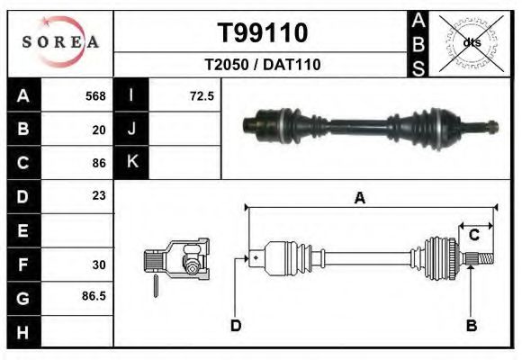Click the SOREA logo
60,41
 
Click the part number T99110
262,33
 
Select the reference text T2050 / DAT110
262,64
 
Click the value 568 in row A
95,96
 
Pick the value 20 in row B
99,130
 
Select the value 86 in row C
99,163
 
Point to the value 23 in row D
99,196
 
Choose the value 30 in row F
99,264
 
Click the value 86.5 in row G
94,296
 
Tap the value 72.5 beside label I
202,96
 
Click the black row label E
23,230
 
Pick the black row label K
131,163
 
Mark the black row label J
131,130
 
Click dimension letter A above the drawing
360,199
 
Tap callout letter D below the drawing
236,326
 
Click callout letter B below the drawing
471,326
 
